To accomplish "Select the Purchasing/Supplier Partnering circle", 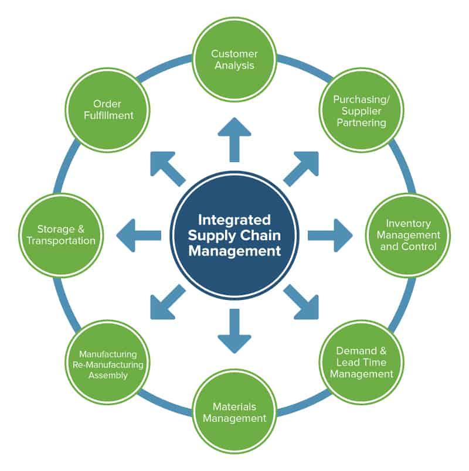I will coord(360,111).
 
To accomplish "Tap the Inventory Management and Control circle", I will coord(408,235).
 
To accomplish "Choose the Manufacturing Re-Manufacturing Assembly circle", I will coord(108,362).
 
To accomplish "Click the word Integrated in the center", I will coord(235,220).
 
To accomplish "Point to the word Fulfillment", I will coord(109,116).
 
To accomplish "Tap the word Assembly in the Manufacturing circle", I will coord(108,375).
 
